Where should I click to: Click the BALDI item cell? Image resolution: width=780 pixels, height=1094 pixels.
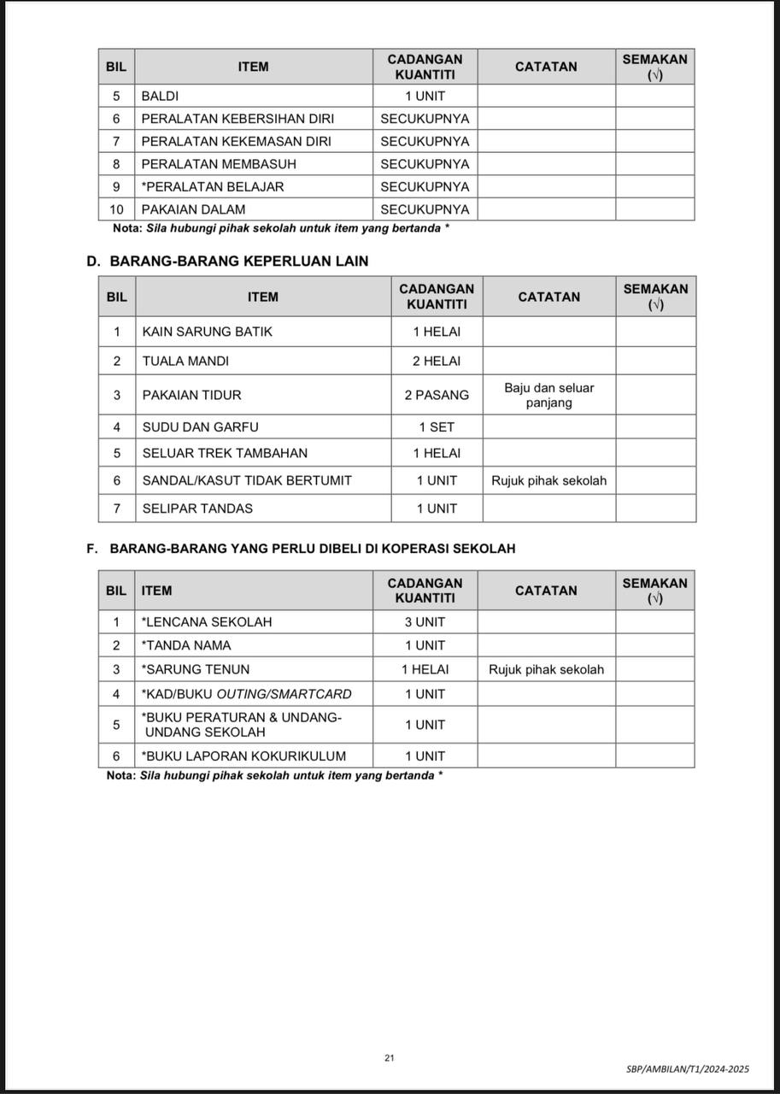pyautogui.click(x=160, y=97)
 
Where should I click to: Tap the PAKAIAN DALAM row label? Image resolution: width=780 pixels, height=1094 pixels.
pyautogui.click(x=193, y=209)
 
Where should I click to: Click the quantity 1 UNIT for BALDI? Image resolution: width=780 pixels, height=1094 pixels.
pyautogui.click(x=425, y=97)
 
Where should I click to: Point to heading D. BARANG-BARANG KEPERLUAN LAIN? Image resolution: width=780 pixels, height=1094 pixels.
pyautogui.click(x=227, y=261)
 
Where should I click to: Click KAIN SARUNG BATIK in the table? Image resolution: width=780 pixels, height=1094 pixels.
pyautogui.click(x=208, y=332)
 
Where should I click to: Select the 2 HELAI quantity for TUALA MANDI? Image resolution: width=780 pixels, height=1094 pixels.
pyautogui.click(x=437, y=361)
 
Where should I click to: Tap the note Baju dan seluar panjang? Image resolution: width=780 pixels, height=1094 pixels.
pyautogui.click(x=548, y=395)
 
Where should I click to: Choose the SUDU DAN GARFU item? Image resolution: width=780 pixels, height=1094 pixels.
pyautogui.click(x=200, y=426)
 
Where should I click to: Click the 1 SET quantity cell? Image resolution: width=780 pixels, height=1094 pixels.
pyautogui.click(x=437, y=426)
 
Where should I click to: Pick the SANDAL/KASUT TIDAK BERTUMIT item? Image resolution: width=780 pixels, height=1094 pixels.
pyautogui.click(x=247, y=480)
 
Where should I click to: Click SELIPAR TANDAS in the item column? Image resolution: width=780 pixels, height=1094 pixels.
pyautogui.click(x=197, y=509)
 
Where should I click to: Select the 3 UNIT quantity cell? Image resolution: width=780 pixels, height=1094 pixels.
pyautogui.click(x=425, y=622)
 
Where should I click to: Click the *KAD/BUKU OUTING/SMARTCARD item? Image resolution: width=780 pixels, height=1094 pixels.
pyautogui.click(x=246, y=694)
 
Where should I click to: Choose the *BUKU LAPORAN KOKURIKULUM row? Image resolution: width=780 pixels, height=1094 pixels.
pyautogui.click(x=243, y=756)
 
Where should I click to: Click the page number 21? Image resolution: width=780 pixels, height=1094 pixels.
pyautogui.click(x=390, y=1058)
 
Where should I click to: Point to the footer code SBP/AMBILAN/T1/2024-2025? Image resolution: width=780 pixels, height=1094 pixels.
pyautogui.click(x=687, y=1069)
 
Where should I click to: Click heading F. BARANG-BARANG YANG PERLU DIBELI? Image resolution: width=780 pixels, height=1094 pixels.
pyautogui.click(x=301, y=548)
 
